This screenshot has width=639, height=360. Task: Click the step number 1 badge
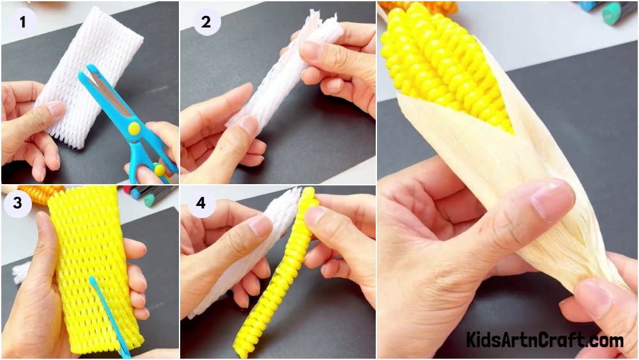[22, 22]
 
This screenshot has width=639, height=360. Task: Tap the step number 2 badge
[206, 22]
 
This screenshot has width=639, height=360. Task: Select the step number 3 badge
[17, 203]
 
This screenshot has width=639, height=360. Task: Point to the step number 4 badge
[201, 203]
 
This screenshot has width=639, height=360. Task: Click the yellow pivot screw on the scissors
[134, 129]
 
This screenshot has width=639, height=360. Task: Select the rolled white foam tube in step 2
[285, 69]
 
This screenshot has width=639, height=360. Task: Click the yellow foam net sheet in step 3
[95, 269]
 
